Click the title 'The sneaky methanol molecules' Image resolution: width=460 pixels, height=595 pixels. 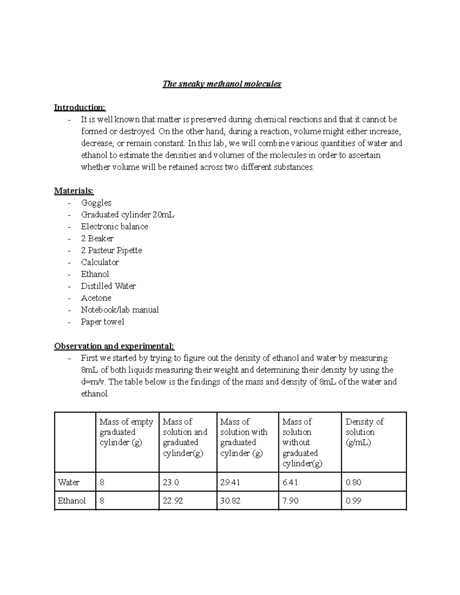click(x=222, y=84)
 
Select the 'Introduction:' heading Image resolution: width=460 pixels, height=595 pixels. click(x=79, y=108)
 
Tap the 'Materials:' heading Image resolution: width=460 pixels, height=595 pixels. click(x=74, y=191)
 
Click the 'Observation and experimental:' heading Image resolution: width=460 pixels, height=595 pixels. click(x=114, y=346)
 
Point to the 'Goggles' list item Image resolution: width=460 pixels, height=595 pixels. click(x=96, y=203)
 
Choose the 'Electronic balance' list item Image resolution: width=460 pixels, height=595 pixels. click(x=114, y=226)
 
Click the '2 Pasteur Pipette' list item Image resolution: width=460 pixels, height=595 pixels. click(x=111, y=250)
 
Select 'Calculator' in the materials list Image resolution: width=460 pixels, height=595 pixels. click(x=100, y=262)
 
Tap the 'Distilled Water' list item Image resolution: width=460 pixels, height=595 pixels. click(x=108, y=286)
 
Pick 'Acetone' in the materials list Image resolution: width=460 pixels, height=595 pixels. click(x=96, y=298)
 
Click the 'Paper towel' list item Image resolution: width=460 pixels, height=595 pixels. click(x=102, y=321)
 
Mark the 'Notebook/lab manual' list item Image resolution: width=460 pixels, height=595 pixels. click(x=120, y=310)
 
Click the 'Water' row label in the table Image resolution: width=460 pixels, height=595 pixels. click(x=69, y=482)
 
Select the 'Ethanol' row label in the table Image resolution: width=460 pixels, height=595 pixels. click(x=72, y=501)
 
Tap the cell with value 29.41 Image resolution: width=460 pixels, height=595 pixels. click(x=230, y=482)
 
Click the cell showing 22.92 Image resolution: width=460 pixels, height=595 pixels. click(x=173, y=501)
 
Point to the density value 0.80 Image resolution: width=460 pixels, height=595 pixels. click(x=353, y=482)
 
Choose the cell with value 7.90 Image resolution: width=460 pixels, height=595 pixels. click(x=290, y=501)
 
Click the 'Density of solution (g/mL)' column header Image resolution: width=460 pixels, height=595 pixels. click(x=364, y=432)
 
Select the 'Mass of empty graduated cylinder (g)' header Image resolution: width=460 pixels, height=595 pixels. click(x=126, y=432)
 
